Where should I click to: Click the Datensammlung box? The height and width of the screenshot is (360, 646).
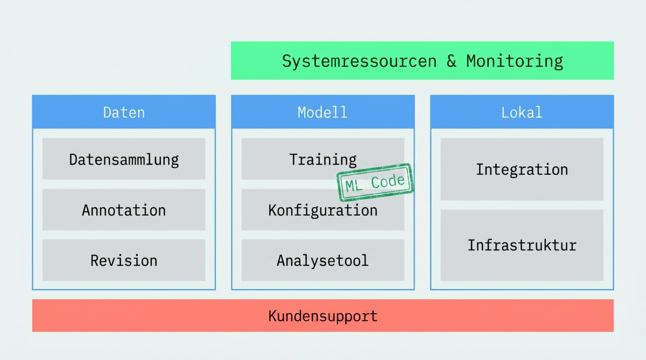tap(124, 159)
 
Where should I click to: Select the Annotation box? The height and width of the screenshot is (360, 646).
tap(124, 209)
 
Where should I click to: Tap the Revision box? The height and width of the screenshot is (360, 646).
tap(124, 260)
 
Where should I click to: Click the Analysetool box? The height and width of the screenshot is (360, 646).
tap(322, 260)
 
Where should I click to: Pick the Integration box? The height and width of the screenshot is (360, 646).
tap(522, 169)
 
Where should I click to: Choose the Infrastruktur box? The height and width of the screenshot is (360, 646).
tap(522, 245)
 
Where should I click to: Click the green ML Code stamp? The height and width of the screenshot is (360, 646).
tap(375, 182)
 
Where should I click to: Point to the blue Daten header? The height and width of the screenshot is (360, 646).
tap(124, 112)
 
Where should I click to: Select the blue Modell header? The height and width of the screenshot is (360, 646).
tap(322, 112)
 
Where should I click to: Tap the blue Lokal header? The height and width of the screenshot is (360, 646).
tap(522, 112)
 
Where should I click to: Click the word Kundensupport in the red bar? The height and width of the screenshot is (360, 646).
tap(322, 316)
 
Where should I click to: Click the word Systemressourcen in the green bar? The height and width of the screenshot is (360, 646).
tap(360, 61)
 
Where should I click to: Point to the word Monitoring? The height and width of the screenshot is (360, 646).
tap(515, 61)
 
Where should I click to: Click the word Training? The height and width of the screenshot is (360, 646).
tap(322, 160)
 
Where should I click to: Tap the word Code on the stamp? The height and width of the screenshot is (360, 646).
tap(388, 181)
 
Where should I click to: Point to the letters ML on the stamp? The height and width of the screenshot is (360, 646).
tap(353, 186)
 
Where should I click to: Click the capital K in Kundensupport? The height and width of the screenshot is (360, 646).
tap(272, 316)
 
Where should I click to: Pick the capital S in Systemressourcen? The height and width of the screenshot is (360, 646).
tap(286, 61)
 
